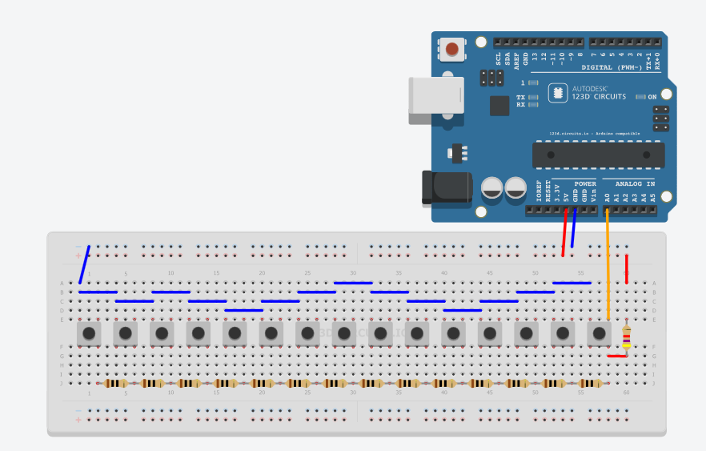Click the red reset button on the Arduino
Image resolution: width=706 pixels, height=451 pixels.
452,50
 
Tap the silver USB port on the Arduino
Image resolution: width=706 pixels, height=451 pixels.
435,99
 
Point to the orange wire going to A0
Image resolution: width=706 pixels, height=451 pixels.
608,264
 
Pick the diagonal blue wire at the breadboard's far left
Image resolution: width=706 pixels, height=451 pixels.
84,264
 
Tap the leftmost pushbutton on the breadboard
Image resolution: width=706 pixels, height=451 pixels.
89,332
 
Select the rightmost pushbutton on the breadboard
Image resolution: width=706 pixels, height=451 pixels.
599,332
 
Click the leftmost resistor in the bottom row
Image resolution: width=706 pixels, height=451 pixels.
116,383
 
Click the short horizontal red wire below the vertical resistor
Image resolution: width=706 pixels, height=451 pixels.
616,356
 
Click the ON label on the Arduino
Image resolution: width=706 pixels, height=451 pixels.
652,96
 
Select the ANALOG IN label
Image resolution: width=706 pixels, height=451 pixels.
635,183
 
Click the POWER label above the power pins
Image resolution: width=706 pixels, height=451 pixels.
585,183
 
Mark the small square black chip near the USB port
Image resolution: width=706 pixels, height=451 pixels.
499,105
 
